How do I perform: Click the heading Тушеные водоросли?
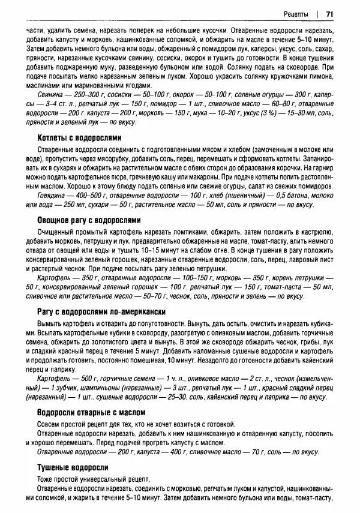[x=72, y=467]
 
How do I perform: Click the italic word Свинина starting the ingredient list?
[x=50, y=95]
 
